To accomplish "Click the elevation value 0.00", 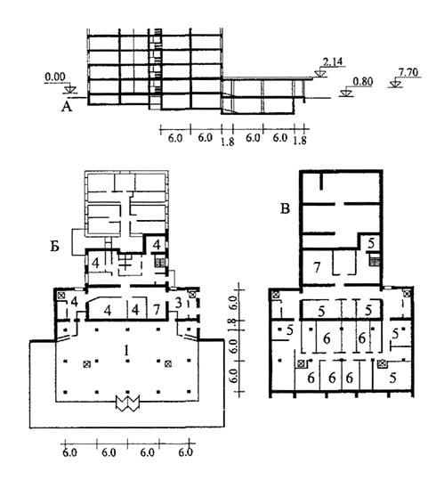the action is point(55,77).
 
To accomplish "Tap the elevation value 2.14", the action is point(333,61).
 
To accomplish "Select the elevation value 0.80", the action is point(363,82).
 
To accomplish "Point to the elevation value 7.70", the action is point(408,72).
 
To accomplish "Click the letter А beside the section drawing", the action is point(67,107).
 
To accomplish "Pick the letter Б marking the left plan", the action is point(55,247).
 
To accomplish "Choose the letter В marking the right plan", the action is point(285,209).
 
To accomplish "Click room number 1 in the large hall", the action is point(126,350).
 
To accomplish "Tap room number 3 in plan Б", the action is point(180,303).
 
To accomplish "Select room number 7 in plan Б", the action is point(157,310).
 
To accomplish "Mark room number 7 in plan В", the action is point(317,267).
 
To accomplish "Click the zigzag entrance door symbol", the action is point(127,403).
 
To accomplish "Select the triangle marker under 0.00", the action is point(70,90).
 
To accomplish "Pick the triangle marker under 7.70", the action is point(395,85).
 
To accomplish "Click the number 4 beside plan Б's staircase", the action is point(157,245).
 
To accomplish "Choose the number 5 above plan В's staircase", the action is point(371,243).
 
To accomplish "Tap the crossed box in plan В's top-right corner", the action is point(407,295).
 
